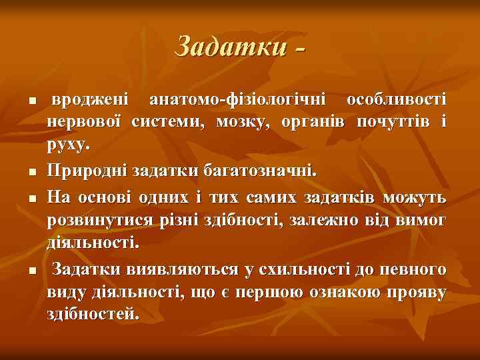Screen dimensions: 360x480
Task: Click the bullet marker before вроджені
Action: click(x=23, y=101)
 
